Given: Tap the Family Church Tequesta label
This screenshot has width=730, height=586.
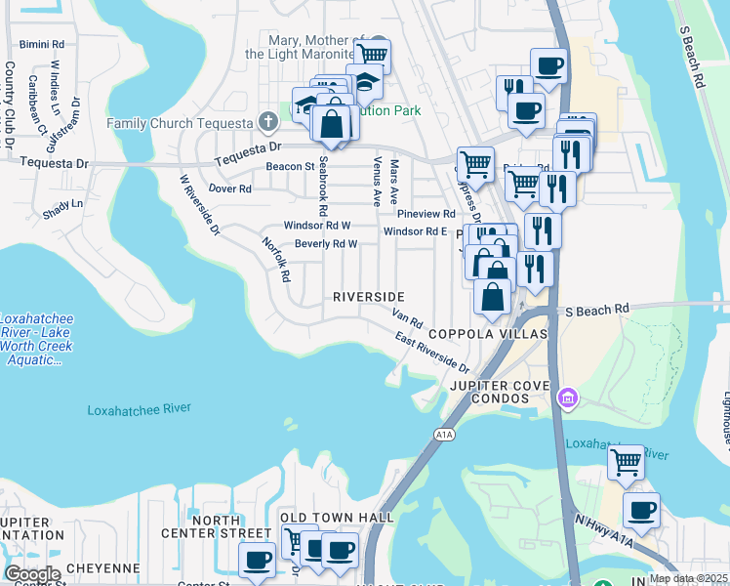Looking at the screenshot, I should tap(181, 124).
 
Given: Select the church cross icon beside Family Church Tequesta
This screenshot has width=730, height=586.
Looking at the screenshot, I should tap(268, 122).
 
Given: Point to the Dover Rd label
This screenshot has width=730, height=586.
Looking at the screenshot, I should tap(230, 188).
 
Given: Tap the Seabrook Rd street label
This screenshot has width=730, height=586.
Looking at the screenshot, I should tap(320, 188).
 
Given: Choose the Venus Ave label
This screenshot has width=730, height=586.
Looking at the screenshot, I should tap(376, 181).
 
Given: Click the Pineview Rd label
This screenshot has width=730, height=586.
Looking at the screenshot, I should tap(426, 213).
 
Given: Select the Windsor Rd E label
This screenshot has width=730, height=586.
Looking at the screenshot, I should tap(415, 231).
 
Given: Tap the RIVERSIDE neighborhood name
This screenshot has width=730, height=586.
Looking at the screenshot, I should tap(368, 296).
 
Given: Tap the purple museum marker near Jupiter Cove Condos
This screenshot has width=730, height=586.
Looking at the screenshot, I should tap(566, 398).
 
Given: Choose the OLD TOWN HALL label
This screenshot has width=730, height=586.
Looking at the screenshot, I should tap(336, 517).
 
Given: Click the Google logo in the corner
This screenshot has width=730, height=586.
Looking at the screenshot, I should tap(31, 573).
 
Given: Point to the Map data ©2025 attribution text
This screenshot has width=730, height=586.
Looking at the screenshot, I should tap(687, 578).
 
